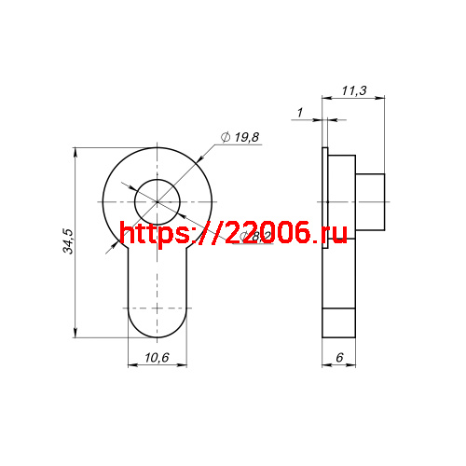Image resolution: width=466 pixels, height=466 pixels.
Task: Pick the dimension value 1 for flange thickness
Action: click(x=299, y=113)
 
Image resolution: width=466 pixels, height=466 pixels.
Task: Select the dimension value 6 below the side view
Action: click(x=339, y=358)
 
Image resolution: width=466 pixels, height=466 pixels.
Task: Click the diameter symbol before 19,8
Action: click(x=226, y=138)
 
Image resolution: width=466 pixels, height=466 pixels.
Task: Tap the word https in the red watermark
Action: click(x=155, y=234)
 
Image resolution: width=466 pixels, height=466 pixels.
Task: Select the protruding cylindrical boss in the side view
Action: click(x=371, y=201)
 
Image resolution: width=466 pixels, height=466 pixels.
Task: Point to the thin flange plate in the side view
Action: click(x=325, y=242)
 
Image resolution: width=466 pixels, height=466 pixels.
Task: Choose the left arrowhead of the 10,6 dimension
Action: click(x=129, y=366)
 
